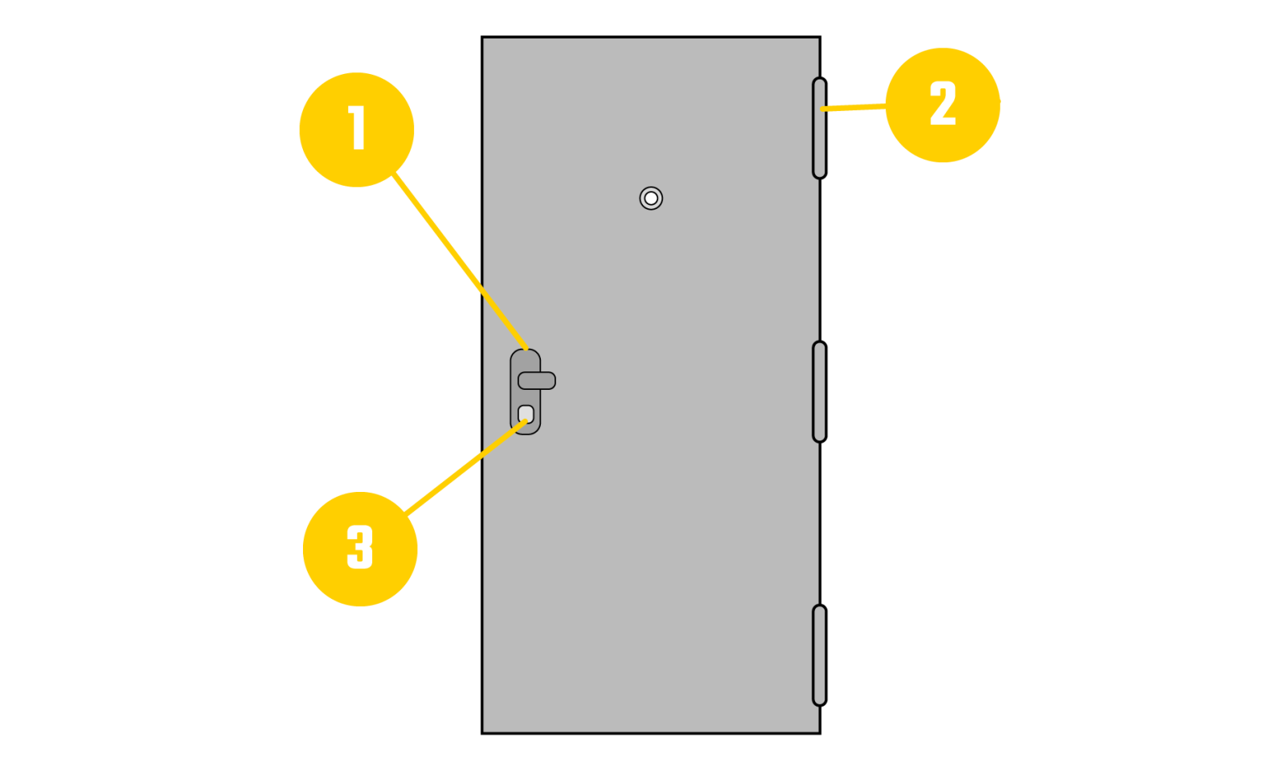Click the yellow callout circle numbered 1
tap(357, 129)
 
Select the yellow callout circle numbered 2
tap(942, 105)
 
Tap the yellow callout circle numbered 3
tap(360, 548)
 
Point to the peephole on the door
tap(651, 198)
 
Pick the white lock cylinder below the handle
tap(526, 414)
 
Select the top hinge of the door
tap(819, 128)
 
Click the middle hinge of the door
tap(819, 391)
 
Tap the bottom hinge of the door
tap(819, 655)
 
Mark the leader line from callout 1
tap(458, 261)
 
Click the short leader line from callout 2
tap(854, 107)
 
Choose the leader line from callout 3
tap(466, 467)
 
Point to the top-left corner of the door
tap(485, 40)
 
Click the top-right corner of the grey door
tap(817, 40)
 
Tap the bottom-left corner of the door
tap(485, 730)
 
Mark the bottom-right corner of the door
tap(817, 730)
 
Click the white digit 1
tap(358, 129)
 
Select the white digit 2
tap(943, 104)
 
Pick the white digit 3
tap(360, 547)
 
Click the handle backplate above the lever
tap(525, 360)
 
